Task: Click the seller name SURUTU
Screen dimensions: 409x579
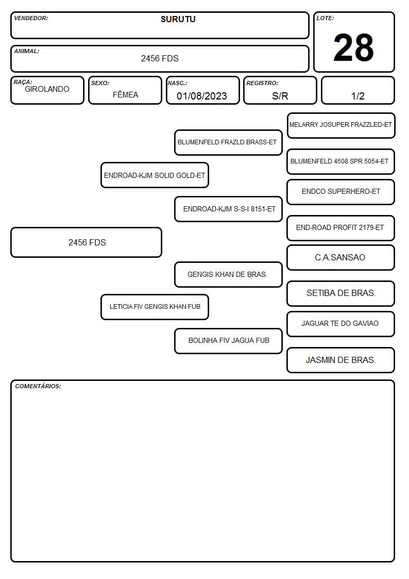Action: pos(178,19)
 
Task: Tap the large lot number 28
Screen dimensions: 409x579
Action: pos(353,47)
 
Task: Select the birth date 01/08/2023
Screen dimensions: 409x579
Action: pos(202,96)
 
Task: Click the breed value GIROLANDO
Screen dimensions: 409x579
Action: pos(47,89)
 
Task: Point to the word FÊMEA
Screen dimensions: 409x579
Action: pos(125,94)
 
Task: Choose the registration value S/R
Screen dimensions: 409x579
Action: pos(280,96)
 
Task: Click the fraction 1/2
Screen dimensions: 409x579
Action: pos(357,96)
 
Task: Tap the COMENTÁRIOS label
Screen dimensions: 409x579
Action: pos(38,386)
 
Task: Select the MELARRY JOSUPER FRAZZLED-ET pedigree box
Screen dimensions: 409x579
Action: pos(341,126)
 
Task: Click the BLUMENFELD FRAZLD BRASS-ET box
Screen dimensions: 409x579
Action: pos(228,142)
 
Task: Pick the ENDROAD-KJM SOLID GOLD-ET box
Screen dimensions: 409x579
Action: pos(155,175)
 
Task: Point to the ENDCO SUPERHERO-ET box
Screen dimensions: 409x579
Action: pos(341,192)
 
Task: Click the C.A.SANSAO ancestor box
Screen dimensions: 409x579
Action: pos(341,258)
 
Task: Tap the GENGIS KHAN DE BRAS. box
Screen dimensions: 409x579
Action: pos(228,274)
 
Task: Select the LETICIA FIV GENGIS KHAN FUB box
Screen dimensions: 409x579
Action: pos(155,307)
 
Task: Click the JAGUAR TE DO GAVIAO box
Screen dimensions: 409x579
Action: pos(341,324)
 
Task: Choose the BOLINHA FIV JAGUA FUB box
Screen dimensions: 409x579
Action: pos(228,341)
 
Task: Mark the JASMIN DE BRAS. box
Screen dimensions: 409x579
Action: pos(341,360)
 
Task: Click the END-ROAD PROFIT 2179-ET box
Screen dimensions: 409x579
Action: pos(341,228)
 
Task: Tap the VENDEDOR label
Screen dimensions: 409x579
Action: pos(31,18)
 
